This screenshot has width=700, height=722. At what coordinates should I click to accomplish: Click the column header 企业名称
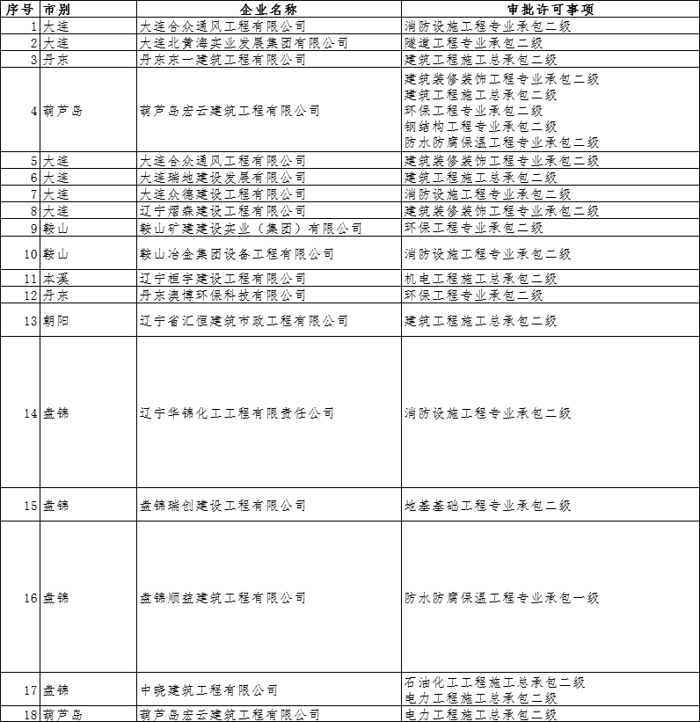point(268,9)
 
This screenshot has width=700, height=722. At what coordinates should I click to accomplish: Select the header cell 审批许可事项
point(551,9)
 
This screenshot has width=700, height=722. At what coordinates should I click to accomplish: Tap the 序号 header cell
point(20,9)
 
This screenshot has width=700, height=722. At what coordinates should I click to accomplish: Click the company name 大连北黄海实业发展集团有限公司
point(244,43)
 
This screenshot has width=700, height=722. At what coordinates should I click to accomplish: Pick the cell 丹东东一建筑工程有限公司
point(222,60)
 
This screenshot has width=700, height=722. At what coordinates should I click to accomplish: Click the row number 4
point(33,111)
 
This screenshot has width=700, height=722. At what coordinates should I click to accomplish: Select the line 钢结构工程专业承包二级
point(473,127)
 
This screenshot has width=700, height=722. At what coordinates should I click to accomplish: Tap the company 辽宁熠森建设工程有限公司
point(222,211)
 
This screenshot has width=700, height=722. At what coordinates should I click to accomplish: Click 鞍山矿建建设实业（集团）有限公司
point(251,229)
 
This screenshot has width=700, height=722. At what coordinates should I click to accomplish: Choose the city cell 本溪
point(55,279)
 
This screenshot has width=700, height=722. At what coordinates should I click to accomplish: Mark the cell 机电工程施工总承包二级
point(480,279)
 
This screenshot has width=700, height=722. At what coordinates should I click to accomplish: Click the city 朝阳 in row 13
point(55,321)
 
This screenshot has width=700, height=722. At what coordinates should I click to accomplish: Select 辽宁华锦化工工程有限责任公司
point(237,413)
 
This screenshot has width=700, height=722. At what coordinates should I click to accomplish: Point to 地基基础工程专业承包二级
point(487,506)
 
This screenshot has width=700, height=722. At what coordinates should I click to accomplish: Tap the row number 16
point(30,598)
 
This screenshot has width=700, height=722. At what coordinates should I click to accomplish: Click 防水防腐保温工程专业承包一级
point(501,598)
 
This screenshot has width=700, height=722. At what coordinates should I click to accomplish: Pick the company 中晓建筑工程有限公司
point(208,690)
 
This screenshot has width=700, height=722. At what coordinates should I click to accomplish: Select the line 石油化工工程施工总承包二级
point(494,682)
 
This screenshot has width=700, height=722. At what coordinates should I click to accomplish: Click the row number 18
point(30,715)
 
